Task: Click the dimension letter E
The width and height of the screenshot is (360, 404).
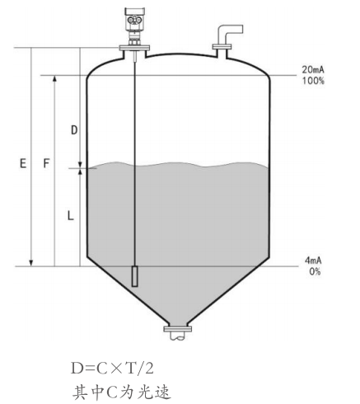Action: point(23,163)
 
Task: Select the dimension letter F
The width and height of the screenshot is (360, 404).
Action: point(47,163)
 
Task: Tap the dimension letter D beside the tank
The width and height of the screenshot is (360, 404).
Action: point(74,129)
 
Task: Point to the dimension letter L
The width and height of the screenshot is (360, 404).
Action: point(71,215)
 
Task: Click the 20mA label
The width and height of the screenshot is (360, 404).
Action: point(313,69)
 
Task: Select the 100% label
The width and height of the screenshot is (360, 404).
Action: point(313,81)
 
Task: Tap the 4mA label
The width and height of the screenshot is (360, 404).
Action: point(313,261)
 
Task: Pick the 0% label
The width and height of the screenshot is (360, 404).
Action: point(315,271)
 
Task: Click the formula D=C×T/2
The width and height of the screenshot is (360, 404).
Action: point(112,369)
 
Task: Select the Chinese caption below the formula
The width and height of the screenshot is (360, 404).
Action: point(122,392)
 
